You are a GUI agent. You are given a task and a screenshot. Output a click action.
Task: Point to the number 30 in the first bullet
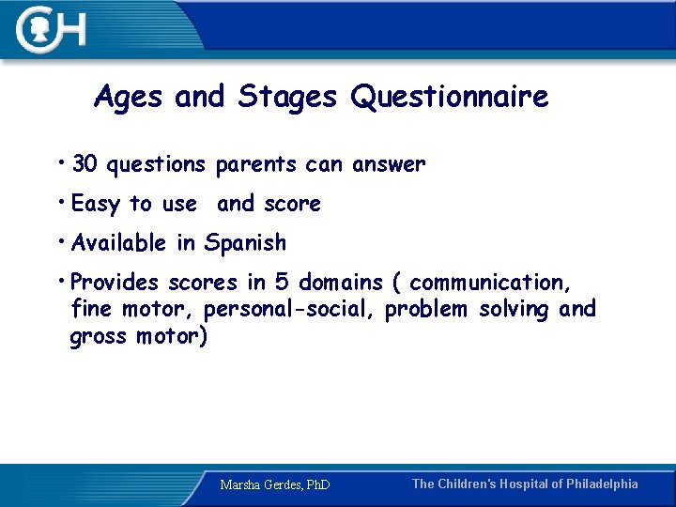coord(84,165)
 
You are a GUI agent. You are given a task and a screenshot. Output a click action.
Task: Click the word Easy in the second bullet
coord(96,205)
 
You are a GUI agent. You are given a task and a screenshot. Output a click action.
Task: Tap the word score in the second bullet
coord(292,205)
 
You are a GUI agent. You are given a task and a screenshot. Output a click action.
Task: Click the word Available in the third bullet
coord(119,243)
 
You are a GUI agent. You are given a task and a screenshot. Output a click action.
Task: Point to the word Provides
coord(115,283)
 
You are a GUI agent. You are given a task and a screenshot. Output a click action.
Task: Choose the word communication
coord(488,283)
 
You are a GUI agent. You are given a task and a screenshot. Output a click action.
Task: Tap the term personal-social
coord(289,309)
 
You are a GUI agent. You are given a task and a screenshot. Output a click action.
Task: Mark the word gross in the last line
coord(99,336)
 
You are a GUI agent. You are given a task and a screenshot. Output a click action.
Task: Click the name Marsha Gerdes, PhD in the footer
coord(274,485)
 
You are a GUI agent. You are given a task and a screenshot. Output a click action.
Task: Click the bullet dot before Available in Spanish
coord(61,241)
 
